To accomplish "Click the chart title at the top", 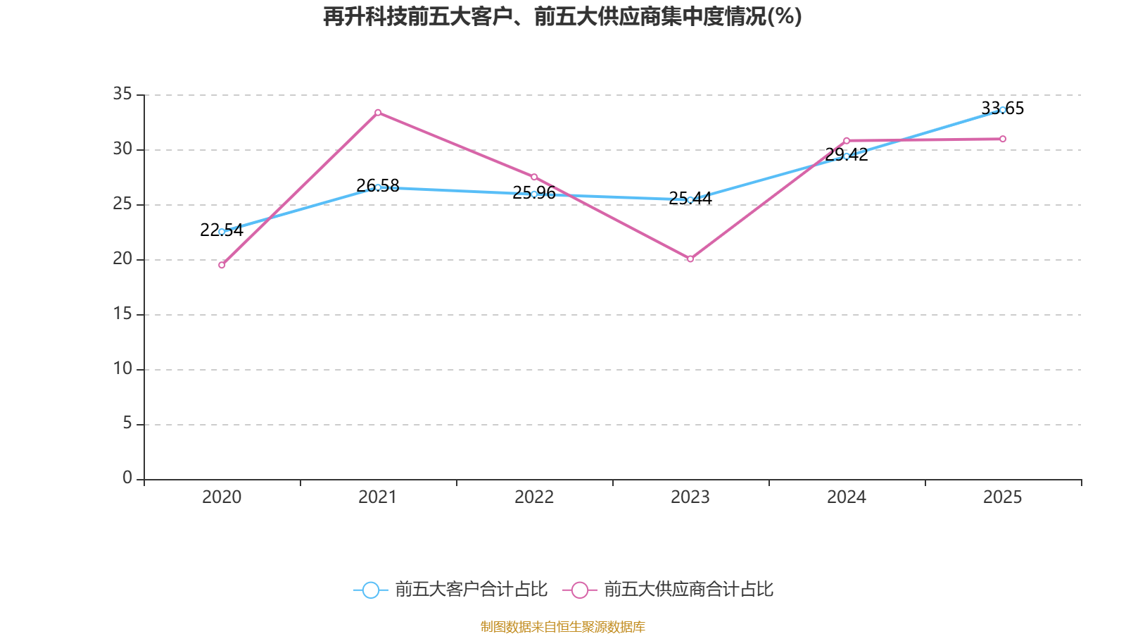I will (x=562, y=16).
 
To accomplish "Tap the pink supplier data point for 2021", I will (x=378, y=113).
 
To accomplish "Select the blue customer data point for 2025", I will (x=1002, y=110).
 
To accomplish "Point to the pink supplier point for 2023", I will (x=690, y=259).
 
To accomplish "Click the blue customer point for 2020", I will (x=222, y=232).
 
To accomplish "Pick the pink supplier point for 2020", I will (x=222, y=265).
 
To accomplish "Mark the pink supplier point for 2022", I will (x=534, y=177).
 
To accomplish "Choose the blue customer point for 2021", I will (x=378, y=187).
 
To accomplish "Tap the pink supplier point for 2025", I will (x=1002, y=139).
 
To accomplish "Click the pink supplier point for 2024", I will (x=847, y=141).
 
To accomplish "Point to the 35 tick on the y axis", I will (x=122, y=94).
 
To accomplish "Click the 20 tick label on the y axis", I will (x=122, y=259).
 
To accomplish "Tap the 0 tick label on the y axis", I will (x=127, y=478).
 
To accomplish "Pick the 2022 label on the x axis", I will (x=534, y=497).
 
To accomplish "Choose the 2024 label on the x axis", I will (x=847, y=497).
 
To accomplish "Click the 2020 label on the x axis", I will (x=222, y=497).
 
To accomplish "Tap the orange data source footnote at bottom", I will (x=562, y=627).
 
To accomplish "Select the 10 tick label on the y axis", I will (x=122, y=368).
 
